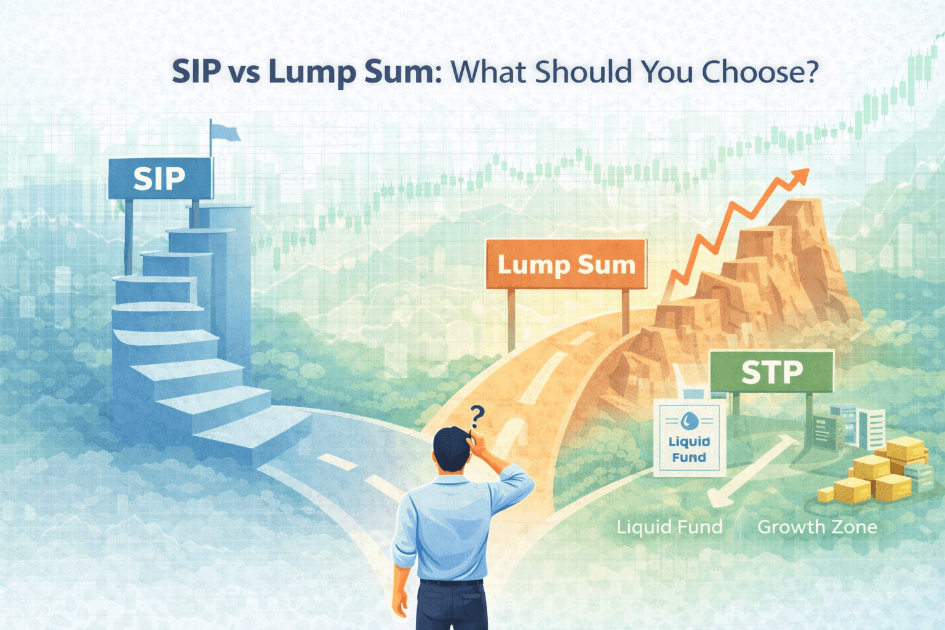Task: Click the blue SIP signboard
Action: coord(159,178)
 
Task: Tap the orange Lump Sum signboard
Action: coord(566,265)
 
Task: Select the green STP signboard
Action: coord(772,372)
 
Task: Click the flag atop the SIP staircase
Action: coord(224,132)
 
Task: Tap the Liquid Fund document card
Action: coord(689,438)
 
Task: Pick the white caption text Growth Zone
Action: coord(817,527)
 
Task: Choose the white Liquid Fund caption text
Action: coord(669,527)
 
